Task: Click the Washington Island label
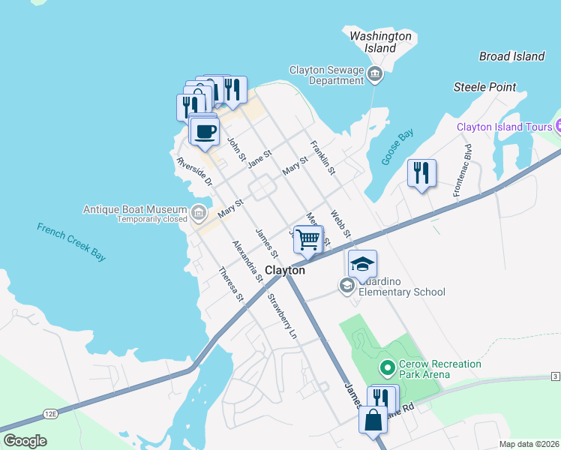coord(380,42)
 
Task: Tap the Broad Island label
coord(511,56)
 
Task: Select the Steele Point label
coord(484,87)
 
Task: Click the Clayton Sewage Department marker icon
coord(375,73)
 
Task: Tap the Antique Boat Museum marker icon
coord(198,214)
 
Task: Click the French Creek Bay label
coord(71,241)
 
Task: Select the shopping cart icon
coord(308,239)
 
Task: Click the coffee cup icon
coord(205,132)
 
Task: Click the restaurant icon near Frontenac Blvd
coord(421,173)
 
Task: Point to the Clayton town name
coord(285,270)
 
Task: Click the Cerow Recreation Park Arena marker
coord(387,367)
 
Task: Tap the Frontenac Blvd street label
coord(461,171)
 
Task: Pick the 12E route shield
coord(51,412)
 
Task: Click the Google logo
coord(25,441)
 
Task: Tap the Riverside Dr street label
coord(195,172)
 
